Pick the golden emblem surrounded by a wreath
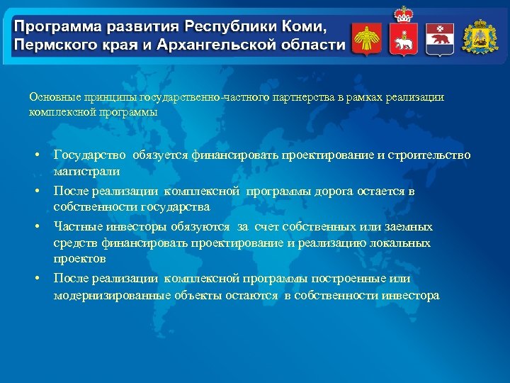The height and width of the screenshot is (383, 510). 480,37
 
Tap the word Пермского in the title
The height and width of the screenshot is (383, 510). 51,45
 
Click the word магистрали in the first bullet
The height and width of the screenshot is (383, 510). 86,171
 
